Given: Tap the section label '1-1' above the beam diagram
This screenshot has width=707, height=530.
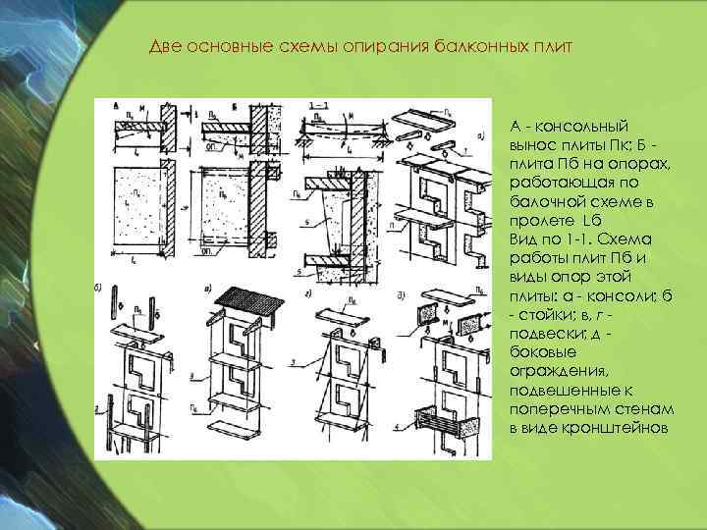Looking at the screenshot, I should pos(317,102).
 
